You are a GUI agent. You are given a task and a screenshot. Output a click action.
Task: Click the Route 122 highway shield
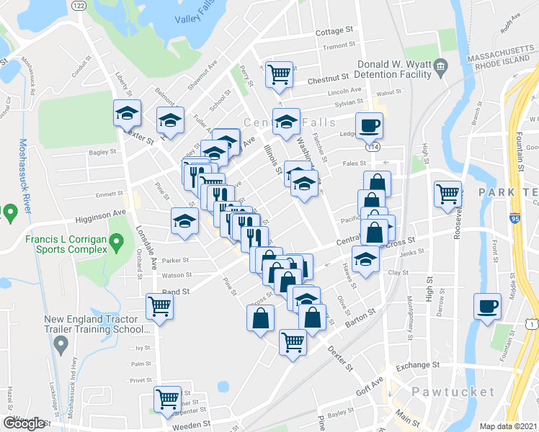coord(79,6)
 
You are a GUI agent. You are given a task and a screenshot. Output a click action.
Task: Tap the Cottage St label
coord(335,32)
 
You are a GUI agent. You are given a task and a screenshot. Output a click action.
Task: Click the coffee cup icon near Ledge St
coord(370,126)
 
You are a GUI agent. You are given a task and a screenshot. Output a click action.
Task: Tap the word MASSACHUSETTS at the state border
coord(502,55)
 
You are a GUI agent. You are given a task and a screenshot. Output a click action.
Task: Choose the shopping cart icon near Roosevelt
coord(447,193)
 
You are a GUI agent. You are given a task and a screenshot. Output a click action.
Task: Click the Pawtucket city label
coord(453,392)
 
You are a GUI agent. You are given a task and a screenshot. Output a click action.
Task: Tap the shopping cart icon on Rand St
coord(159,305)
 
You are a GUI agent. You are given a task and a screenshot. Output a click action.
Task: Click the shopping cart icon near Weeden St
coord(167,398)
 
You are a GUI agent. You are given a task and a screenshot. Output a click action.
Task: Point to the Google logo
coord(24,423)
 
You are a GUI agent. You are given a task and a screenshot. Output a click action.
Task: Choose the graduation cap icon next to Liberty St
coord(127,113)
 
